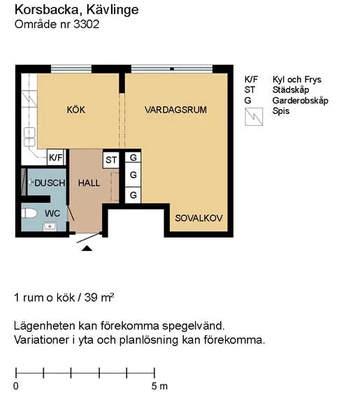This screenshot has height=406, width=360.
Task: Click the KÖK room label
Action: [x=75, y=110]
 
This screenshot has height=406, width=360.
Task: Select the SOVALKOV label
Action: [x=199, y=218]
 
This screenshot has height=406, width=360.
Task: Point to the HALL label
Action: [x=89, y=183]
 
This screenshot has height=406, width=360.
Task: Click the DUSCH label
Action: [x=50, y=183]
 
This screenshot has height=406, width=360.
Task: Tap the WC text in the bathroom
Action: [x=52, y=212]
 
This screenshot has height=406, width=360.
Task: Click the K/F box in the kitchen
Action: [x=56, y=158]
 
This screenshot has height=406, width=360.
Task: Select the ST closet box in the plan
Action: [x=111, y=160]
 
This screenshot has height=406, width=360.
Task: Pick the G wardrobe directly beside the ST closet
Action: [x=132, y=159]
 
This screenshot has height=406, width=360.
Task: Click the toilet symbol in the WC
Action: [x=29, y=212]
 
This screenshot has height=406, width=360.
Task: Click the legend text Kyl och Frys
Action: [x=296, y=80]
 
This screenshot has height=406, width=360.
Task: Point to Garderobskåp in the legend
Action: [x=300, y=101]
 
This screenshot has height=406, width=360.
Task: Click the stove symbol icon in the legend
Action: [x=252, y=116]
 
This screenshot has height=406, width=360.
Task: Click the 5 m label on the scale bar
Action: [x=159, y=386]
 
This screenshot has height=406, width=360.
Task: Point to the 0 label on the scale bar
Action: [x=16, y=386]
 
